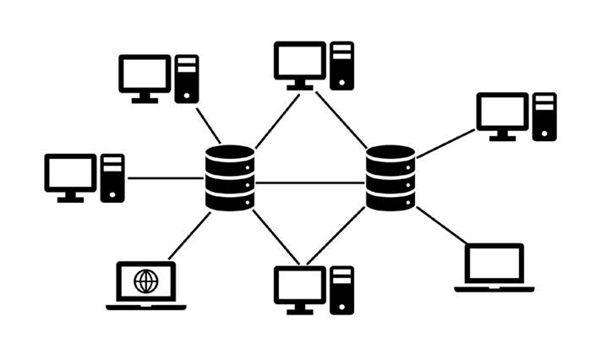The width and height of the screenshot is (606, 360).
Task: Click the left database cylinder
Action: [x=229, y=179]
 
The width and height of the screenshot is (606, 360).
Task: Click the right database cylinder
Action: [x=390, y=178]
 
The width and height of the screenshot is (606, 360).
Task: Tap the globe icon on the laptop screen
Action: [x=145, y=281]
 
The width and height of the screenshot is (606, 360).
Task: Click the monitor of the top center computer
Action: [x=300, y=61]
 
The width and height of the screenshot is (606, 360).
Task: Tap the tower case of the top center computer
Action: [x=341, y=65]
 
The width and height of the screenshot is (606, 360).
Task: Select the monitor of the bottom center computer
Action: [x=300, y=286]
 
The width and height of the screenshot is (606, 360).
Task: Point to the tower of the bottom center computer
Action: [x=341, y=290]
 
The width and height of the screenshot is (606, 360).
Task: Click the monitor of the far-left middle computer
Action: [x=70, y=174]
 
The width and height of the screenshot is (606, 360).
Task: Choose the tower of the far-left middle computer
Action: [x=112, y=177]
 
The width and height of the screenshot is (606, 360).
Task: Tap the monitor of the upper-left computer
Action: [x=145, y=74]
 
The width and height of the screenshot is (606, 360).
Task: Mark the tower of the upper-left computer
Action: [x=186, y=79]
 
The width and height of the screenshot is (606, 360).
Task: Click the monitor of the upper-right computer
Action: [x=502, y=112]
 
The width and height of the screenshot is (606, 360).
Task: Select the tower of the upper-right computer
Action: [x=544, y=117]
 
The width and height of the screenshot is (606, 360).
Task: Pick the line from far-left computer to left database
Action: [x=165, y=178]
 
